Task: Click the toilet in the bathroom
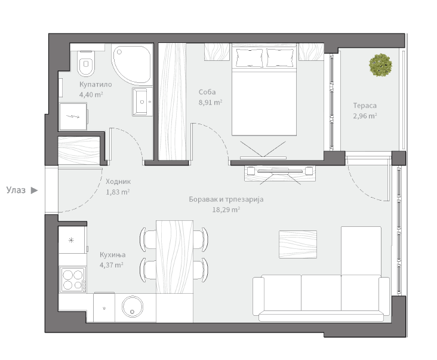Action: pyautogui.click(x=86, y=63)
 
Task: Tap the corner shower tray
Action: pyautogui.click(x=132, y=64)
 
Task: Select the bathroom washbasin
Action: pyautogui.click(x=143, y=101)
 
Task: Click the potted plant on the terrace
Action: pyautogui.click(x=380, y=65)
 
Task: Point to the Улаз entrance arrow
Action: pyautogui.click(x=34, y=190)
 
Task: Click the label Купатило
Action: pyautogui.click(x=96, y=84)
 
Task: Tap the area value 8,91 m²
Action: pyautogui.click(x=210, y=102)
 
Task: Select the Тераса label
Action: pyautogui.click(x=365, y=106)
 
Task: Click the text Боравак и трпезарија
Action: pyautogui.click(x=226, y=199)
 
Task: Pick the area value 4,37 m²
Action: pyautogui.click(x=112, y=264)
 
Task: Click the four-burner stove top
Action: pyautogui.click(x=73, y=279)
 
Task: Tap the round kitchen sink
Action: pyautogui.click(x=133, y=306)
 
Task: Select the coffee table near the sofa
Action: pyautogui.click(x=298, y=244)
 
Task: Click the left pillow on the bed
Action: pyautogui.click(x=250, y=58)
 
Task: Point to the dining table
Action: pyautogui.click(x=175, y=257)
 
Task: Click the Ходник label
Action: pyautogui.click(x=118, y=181)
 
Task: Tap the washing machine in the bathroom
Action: pyautogui.click(x=73, y=116)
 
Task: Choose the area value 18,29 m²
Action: pyautogui.click(x=226, y=210)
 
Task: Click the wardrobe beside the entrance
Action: pyautogui.click(x=79, y=150)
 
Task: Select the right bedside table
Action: pyautogui.click(x=311, y=52)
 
